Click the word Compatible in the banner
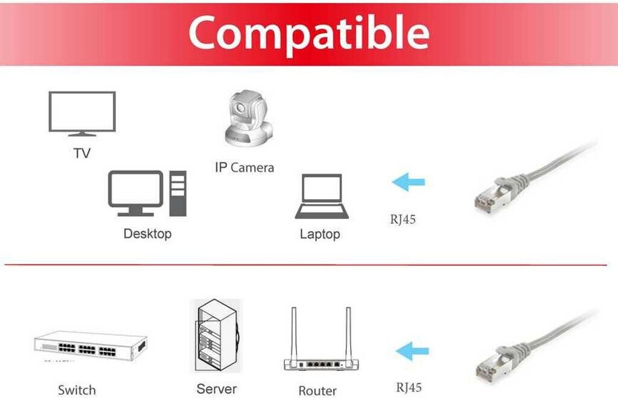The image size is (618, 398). coord(308,33)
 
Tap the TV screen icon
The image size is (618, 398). coord(81,113)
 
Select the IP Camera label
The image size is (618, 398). coord(244,167)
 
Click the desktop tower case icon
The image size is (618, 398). coord(178,193)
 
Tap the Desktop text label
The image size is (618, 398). coord(147,233)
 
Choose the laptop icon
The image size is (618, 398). coord(322,196)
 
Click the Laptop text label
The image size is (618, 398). coord(320,234)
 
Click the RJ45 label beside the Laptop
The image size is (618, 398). coord(403,219)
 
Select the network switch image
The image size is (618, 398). coord(91,347)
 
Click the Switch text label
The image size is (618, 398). coord(77,390)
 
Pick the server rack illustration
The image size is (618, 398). coord(215,336)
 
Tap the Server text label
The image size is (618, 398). coord(217,389)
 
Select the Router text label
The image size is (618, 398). coord(317,391)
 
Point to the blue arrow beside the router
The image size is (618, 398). coord(412,351)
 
